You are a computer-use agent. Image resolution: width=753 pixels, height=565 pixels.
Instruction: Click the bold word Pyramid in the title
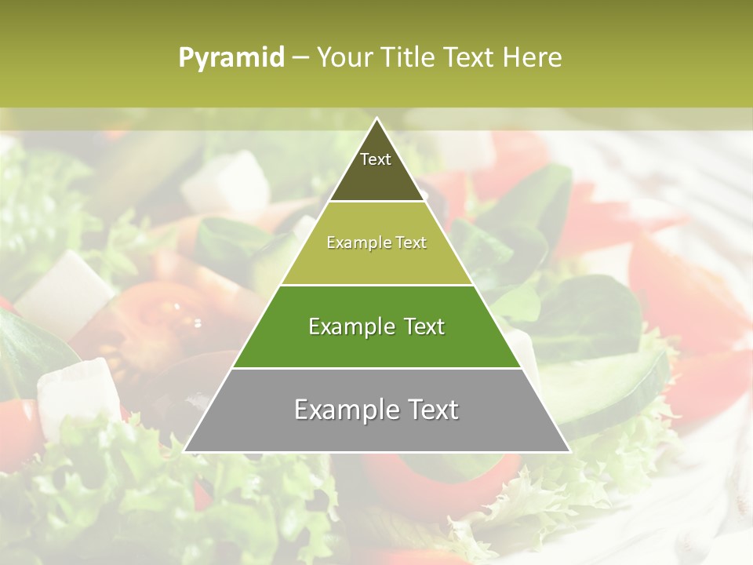click(x=231, y=58)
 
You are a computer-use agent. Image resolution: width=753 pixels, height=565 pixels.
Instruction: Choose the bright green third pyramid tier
click(x=376, y=345)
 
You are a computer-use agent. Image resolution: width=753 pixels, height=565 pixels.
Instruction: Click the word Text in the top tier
click(x=376, y=159)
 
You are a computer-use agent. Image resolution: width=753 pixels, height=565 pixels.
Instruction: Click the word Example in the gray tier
click(x=339, y=410)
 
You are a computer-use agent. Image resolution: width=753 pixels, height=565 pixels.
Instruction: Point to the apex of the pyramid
click(x=376, y=118)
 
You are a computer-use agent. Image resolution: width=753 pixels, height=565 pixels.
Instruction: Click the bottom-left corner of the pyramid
click(x=185, y=451)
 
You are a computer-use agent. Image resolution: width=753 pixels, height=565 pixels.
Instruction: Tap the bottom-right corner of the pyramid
click(x=569, y=451)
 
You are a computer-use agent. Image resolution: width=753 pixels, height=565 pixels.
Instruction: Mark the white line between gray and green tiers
click(x=376, y=368)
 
